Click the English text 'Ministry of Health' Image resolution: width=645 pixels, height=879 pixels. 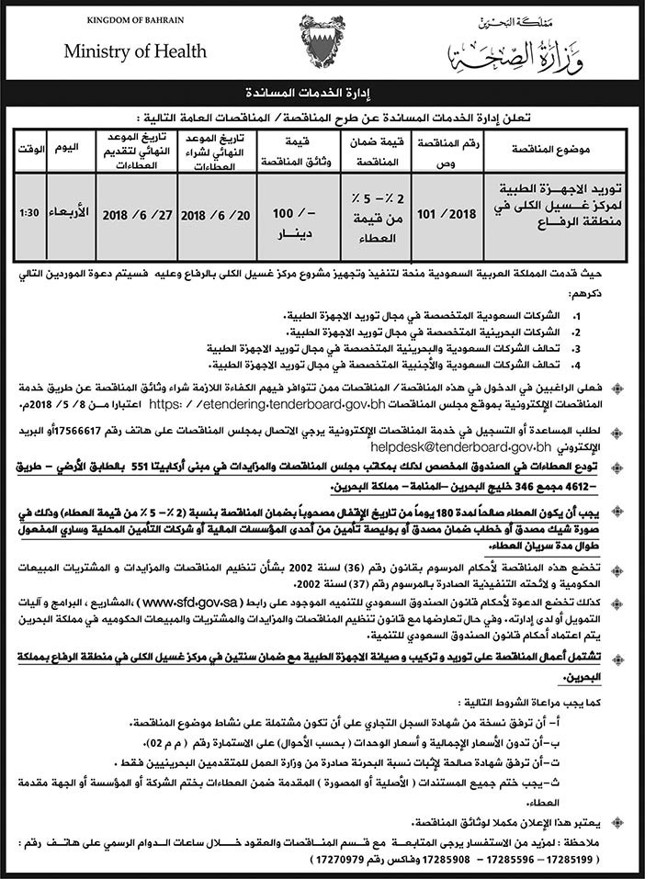pos(122,52)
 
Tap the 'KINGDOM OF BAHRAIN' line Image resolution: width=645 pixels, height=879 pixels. pos(122,20)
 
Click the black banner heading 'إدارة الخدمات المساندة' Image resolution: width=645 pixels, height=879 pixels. pos(322,94)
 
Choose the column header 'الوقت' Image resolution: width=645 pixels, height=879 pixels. pos(28,148)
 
